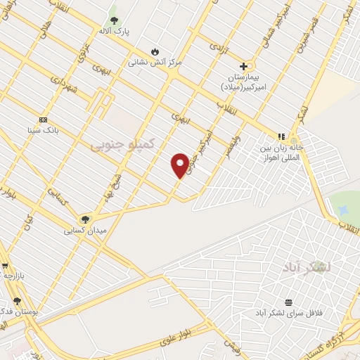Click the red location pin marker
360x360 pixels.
180,165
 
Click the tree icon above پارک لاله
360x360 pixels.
114,20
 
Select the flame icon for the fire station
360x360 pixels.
155,51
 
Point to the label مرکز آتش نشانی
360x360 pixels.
155,62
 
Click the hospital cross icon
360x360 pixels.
243,66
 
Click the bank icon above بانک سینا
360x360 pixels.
43,120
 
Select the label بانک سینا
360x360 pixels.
43,130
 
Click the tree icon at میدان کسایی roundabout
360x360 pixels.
86,219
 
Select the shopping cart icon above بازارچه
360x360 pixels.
5,266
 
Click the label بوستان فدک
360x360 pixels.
20,311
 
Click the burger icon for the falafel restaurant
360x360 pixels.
288,302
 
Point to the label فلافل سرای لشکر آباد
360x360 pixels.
288,312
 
